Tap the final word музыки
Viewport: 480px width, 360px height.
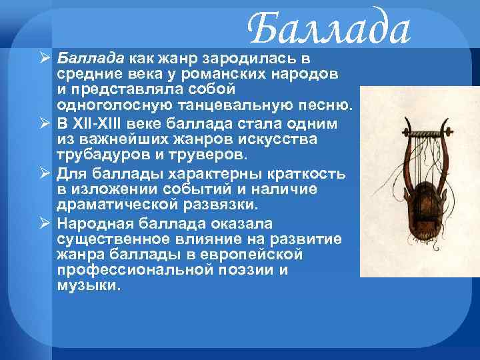pos(90,287)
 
